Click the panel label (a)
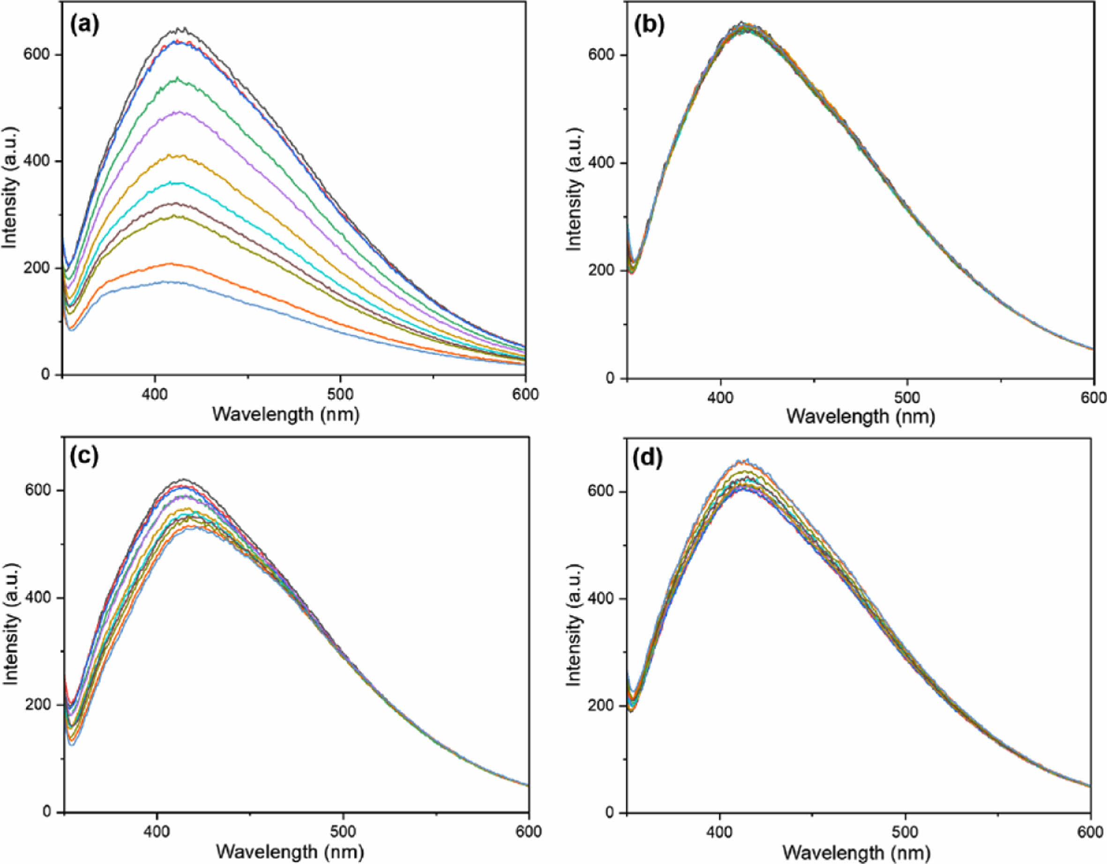(85, 24)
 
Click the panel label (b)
(649, 25)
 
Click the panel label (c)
(84, 456)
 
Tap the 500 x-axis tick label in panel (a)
(340, 394)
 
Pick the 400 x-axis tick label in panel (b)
(720, 397)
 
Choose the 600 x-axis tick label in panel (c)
(529, 832)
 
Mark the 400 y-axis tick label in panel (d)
(602, 598)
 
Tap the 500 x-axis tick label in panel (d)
(905, 832)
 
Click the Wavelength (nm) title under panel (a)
(286, 415)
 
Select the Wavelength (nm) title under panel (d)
(857, 852)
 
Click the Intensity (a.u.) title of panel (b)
(574, 189)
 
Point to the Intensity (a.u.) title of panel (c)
(10, 624)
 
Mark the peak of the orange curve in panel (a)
(170, 264)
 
